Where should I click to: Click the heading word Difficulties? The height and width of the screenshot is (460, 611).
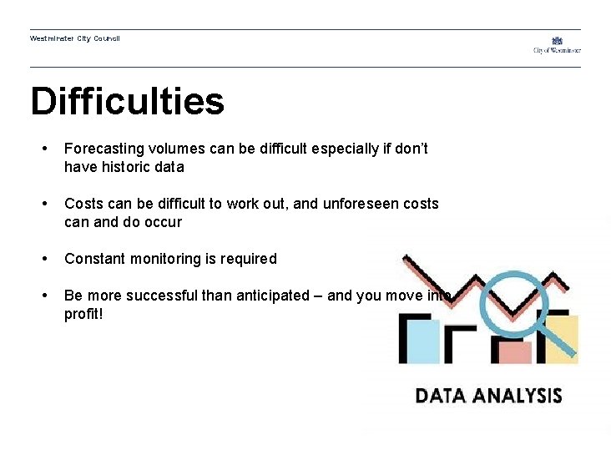click(127, 102)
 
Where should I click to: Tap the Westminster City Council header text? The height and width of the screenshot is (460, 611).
click(74, 38)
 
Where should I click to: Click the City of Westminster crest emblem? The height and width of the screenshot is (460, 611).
click(557, 40)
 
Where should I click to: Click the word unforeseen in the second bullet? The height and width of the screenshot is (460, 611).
click(357, 204)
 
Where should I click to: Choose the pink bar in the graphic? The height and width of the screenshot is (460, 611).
click(515, 352)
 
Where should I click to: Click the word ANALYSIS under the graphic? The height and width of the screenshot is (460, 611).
click(519, 395)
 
